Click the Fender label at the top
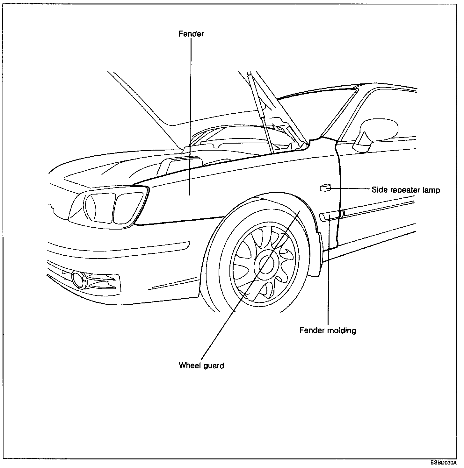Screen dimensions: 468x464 (191, 34)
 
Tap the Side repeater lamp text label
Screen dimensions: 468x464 (406, 190)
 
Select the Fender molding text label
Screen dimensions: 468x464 (328, 330)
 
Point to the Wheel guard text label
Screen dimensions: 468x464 (201, 365)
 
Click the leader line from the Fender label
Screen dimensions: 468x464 (191, 111)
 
